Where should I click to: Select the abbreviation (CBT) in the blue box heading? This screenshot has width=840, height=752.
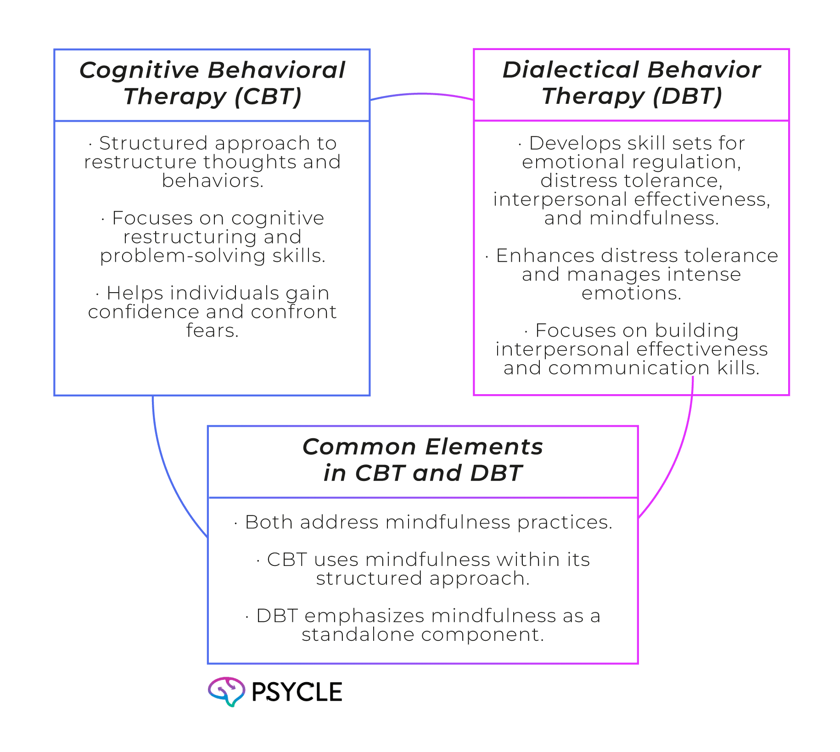tap(268, 97)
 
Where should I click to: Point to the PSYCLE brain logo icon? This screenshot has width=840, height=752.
tap(227, 691)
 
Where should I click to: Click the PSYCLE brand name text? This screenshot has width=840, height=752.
tap(297, 692)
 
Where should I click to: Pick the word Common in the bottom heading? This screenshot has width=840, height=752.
tap(359, 447)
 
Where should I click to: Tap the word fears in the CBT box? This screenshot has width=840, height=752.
tap(212, 331)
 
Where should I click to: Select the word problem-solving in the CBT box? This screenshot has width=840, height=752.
tap(183, 256)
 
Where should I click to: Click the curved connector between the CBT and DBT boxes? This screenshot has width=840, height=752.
tap(421, 95)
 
